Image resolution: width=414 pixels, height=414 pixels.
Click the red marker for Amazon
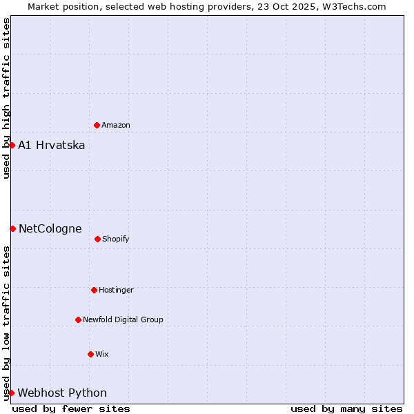(97, 125)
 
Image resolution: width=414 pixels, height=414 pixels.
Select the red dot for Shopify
(97, 239)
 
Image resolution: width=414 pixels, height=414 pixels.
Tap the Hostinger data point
(94, 290)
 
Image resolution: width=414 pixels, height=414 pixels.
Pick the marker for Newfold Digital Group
(78, 319)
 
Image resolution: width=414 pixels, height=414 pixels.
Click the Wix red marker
(90, 354)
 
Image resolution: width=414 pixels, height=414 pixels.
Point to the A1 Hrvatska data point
(12, 145)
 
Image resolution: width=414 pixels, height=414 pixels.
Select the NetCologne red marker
(12, 228)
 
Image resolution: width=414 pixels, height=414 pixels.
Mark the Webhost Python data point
(11, 393)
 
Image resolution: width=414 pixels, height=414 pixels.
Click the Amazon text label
(116, 126)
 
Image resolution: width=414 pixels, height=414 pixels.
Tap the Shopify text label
(116, 239)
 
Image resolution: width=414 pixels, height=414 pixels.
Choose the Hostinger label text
(116, 290)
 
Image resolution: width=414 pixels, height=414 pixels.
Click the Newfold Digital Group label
(123, 320)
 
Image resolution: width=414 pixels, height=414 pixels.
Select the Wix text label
(102, 355)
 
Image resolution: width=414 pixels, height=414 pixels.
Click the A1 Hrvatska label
(52, 146)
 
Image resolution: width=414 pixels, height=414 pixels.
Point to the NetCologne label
(50, 229)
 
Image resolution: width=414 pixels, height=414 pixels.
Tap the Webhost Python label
(62, 393)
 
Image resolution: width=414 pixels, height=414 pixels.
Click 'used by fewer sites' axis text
(71, 408)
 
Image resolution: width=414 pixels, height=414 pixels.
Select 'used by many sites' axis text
(346, 408)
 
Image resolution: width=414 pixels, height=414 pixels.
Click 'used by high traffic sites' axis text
(6, 98)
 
